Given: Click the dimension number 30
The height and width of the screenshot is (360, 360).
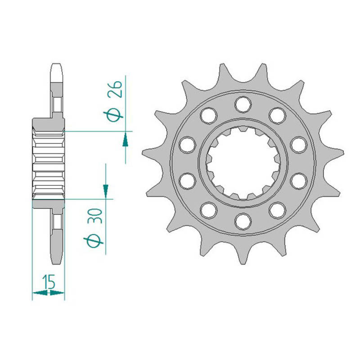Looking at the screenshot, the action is coord(95,216).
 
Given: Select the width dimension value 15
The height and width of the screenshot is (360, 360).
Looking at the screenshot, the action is coord(49,282).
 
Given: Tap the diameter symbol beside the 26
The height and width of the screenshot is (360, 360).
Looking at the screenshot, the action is coord(113,114).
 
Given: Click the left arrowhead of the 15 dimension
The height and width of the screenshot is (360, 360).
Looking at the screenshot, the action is coord(40,292).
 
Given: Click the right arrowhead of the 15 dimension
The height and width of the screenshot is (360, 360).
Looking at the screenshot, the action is coord(57,292).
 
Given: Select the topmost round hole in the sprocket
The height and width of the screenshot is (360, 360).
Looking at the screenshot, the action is coord(243,105).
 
